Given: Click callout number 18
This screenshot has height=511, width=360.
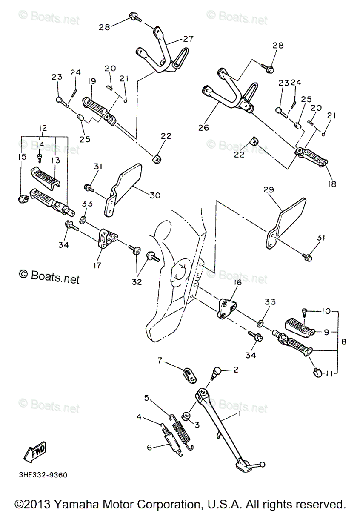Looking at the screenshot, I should pos(332,184).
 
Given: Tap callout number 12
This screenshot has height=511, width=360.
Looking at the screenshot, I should pos(43,128).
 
